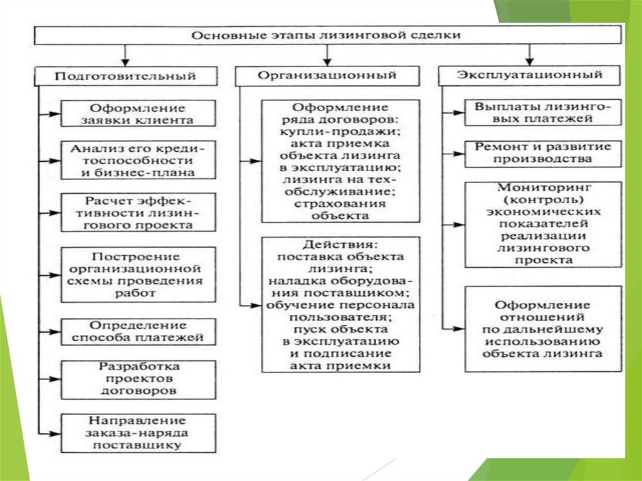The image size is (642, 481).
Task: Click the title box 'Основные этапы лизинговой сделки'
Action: [x=326, y=35]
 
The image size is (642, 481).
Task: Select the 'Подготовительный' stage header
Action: [x=125, y=76]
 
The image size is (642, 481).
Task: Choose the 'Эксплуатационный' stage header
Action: [x=530, y=75]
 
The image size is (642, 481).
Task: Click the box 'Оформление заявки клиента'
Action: [x=138, y=114]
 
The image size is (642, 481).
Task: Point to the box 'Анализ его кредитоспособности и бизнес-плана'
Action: [x=138, y=160]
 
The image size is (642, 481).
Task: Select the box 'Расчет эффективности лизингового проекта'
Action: [x=138, y=213]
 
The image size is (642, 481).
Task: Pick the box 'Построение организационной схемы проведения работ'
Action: [x=138, y=274]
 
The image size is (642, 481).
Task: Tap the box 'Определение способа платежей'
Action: [x=138, y=331]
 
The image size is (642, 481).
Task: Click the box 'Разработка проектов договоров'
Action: [x=138, y=378]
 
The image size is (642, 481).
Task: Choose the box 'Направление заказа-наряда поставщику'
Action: [x=138, y=432]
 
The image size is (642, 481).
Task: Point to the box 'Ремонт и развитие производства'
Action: [x=543, y=153]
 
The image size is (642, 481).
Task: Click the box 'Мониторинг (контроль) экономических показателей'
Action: [x=543, y=224]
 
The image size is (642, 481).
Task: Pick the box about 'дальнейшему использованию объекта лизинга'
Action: [x=543, y=329]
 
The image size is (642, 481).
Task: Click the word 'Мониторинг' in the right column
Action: [x=543, y=188]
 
